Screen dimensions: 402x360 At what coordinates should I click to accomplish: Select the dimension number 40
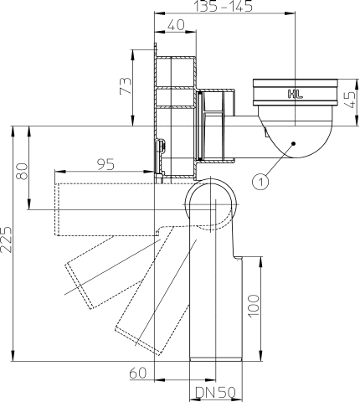pos(175,26)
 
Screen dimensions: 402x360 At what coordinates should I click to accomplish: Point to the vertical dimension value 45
pos(349,100)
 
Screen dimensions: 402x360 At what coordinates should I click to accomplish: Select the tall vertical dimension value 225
pos(7,242)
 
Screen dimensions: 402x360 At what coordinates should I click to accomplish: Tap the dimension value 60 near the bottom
pos(140,373)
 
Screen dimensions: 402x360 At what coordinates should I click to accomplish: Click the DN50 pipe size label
pos(215,392)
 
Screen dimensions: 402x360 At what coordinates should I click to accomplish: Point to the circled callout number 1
pos(261,178)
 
